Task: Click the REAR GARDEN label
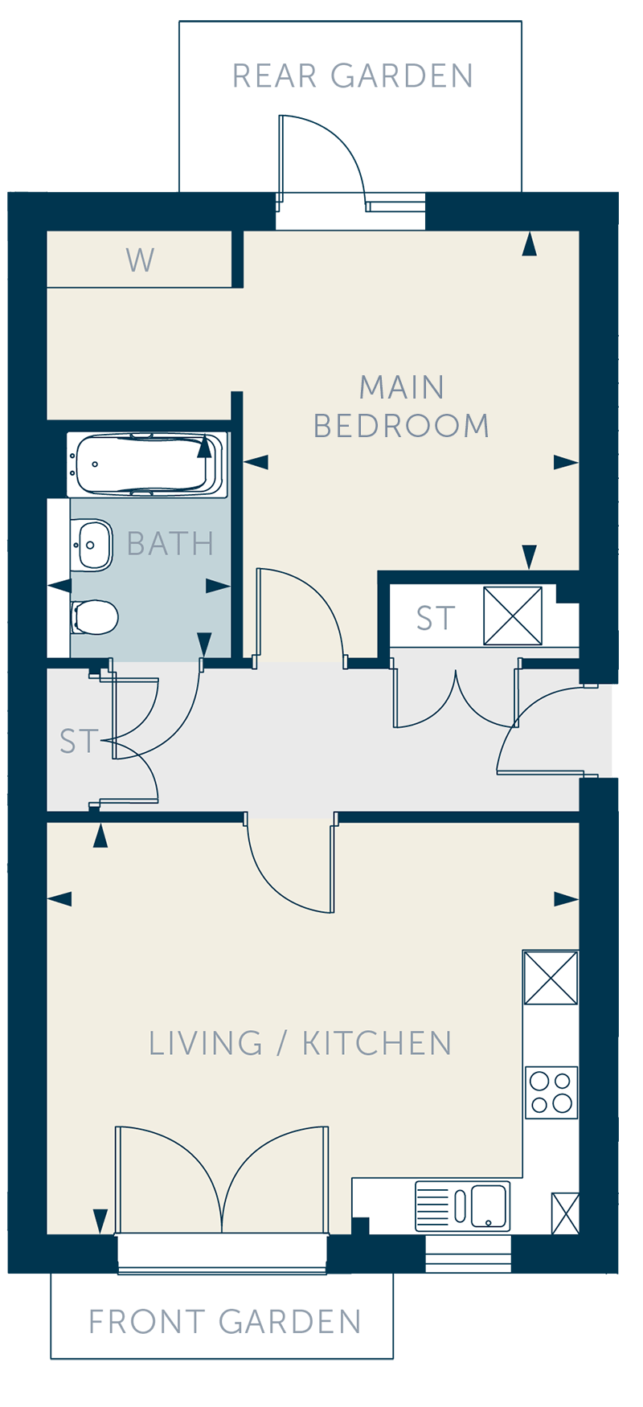coord(352,76)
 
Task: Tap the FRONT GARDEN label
coord(225,1322)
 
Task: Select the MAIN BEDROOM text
coord(402,407)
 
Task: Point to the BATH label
coord(170,544)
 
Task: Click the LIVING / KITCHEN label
coord(301,1043)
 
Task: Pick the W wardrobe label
coord(140,260)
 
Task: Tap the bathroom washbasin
coord(92,545)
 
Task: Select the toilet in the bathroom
coord(94,617)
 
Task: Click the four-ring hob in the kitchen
coord(551,1092)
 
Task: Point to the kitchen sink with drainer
coord(462,1205)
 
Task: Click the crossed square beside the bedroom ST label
coord(513,616)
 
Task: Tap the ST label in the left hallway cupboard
coord(79,741)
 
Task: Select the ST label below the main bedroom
coord(436,618)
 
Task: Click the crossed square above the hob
coord(551,977)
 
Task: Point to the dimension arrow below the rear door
coord(529,244)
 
